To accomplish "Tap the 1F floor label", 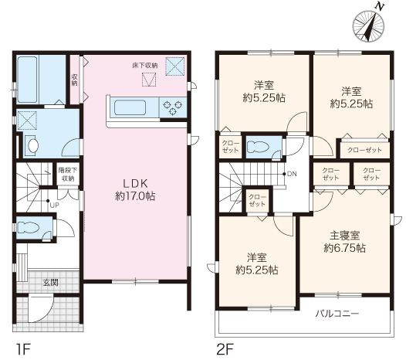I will pos(22,348).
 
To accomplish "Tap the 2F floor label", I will pos(225,348).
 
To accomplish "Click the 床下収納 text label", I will pos(144,66).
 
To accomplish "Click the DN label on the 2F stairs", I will pos(291,174).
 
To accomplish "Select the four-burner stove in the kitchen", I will pos(171,107).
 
